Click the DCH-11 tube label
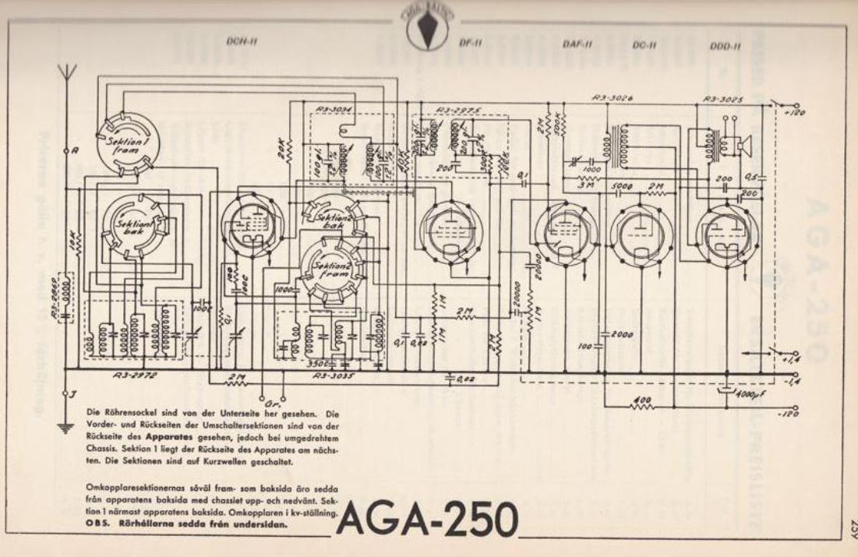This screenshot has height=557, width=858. coord(242,42)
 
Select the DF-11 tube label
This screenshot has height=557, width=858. coord(472,44)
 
